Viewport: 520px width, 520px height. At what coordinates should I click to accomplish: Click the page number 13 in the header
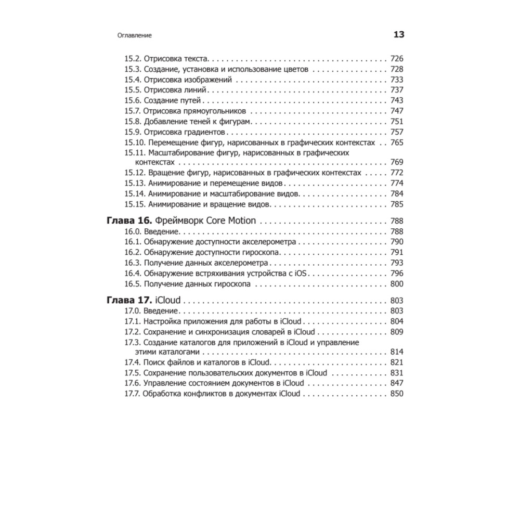pos(398,35)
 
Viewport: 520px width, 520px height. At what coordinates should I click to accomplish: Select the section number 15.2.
pos(133,59)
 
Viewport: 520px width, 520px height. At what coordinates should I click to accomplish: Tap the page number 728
pos(396,69)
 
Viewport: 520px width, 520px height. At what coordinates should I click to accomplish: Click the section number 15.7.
pos(133,111)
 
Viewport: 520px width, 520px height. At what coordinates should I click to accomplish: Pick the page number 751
pos(396,121)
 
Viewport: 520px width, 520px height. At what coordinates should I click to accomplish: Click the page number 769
pos(396,162)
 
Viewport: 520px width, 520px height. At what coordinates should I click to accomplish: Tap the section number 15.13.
pos(135,183)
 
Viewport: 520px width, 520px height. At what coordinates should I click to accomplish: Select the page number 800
pos(396,283)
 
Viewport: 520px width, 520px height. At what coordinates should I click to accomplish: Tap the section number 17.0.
pos(133,311)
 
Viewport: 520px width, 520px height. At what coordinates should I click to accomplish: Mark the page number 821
pos(396,362)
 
